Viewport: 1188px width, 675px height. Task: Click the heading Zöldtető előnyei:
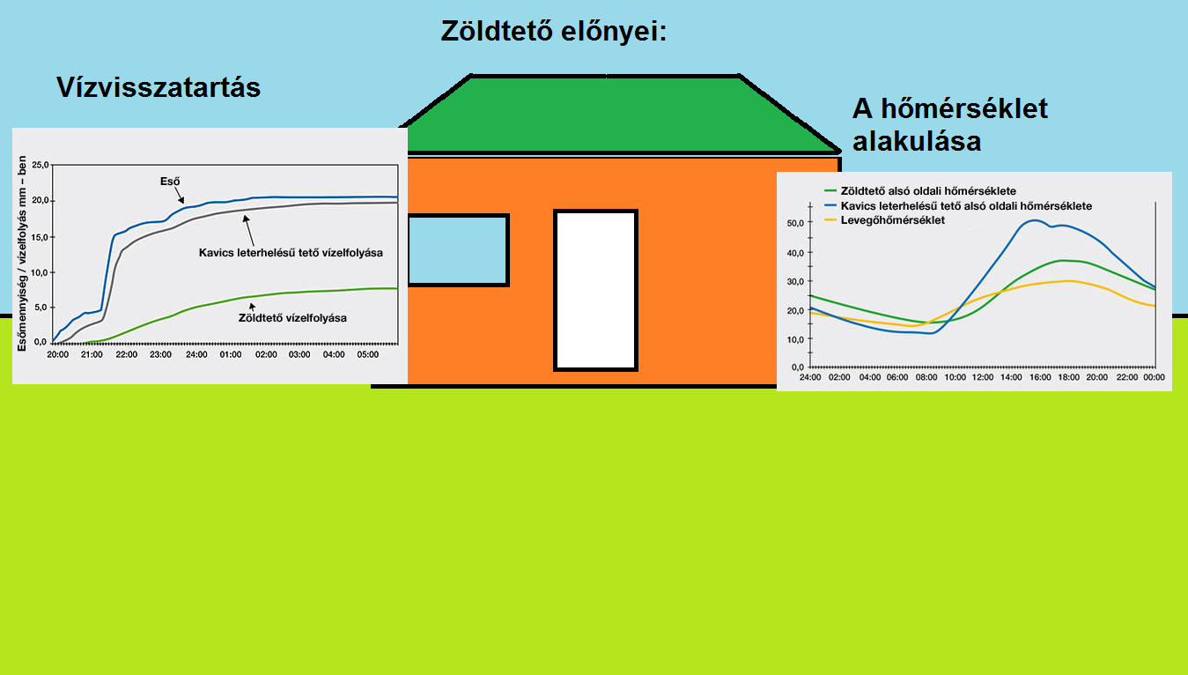coord(553,31)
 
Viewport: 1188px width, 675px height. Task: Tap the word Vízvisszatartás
coord(159,87)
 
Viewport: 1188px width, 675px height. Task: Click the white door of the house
coord(595,290)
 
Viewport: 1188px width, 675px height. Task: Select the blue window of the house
coord(458,250)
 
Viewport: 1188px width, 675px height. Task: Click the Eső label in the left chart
coord(170,182)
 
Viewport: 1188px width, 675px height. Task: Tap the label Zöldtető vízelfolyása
coord(292,318)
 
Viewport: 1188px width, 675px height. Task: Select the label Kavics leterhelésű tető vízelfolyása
coord(291,253)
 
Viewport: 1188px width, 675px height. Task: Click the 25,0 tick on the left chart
coord(41,165)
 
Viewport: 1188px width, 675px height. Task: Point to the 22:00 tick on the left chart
coord(126,354)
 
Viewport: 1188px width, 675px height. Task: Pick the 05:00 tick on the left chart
coord(367,354)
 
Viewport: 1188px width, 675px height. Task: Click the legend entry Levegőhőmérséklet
coord(893,220)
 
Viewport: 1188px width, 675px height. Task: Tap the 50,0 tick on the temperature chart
coord(795,224)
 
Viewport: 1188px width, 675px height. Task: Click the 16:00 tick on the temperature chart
coord(1040,377)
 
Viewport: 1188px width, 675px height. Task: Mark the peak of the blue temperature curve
coord(1035,220)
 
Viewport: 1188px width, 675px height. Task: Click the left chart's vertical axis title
coord(22,254)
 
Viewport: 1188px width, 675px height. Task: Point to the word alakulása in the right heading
coord(917,141)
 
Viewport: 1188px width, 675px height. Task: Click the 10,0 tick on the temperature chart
coord(795,339)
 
